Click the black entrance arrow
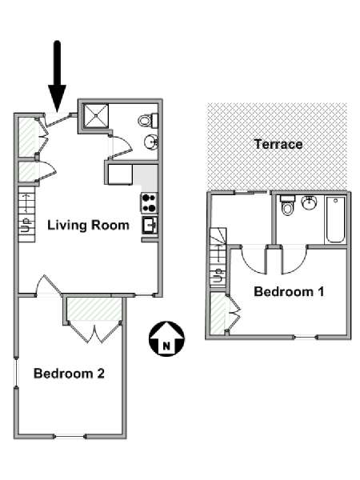(x=58, y=77)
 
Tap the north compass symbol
(x=166, y=338)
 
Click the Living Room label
(x=88, y=226)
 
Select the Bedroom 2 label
(x=69, y=374)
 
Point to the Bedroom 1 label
(x=289, y=291)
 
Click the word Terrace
(x=278, y=144)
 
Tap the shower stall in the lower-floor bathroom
(x=96, y=116)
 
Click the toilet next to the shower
(x=148, y=120)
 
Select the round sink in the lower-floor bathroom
(x=151, y=142)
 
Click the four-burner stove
(x=150, y=203)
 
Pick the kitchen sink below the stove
(x=150, y=226)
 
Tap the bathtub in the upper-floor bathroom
(x=335, y=219)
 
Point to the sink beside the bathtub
(x=309, y=202)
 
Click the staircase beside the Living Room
(x=27, y=214)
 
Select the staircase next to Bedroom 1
(x=218, y=257)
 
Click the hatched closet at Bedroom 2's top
(x=94, y=309)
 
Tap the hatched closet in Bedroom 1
(x=218, y=313)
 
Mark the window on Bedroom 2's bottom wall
(x=70, y=436)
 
